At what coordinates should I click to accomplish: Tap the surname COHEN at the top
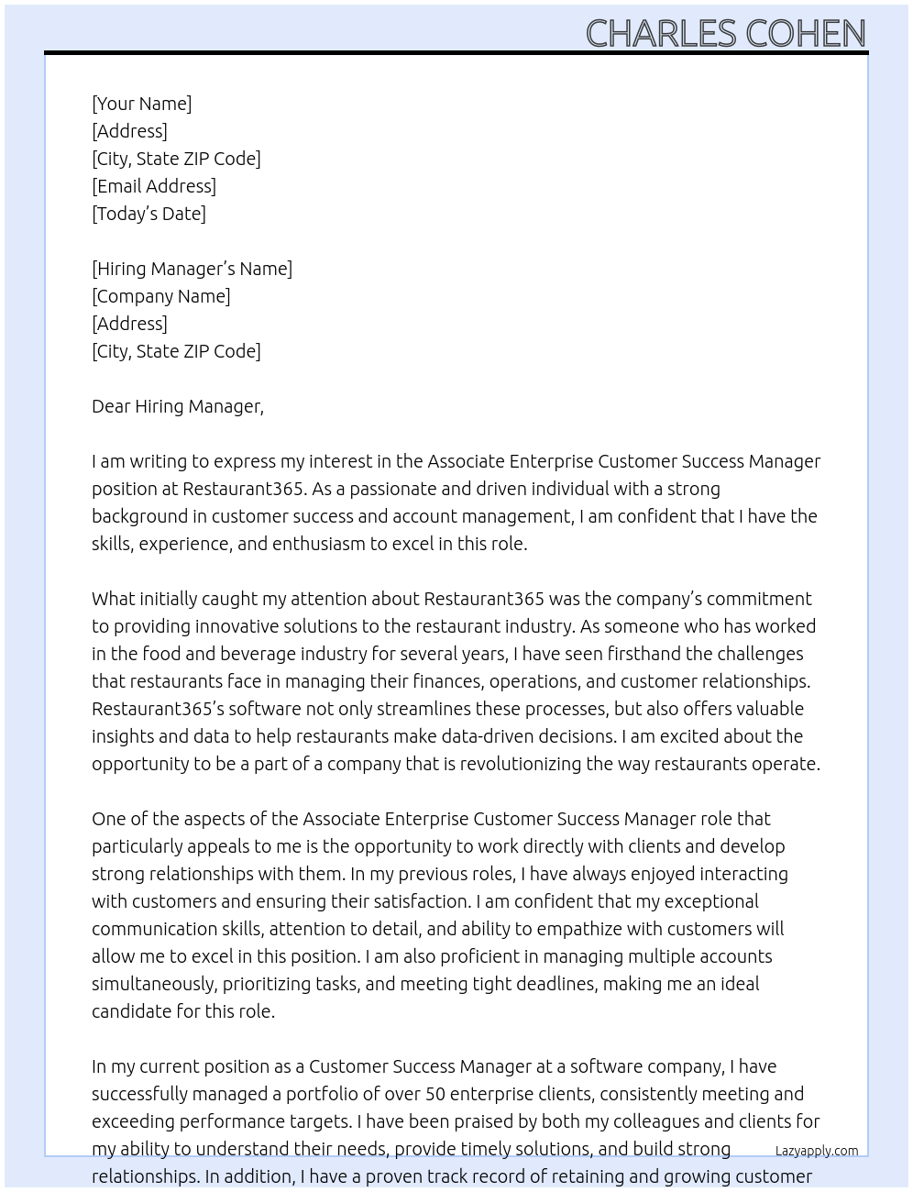coord(806,34)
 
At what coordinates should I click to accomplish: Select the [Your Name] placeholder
coord(141,104)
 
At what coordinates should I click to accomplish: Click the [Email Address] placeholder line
coord(154,186)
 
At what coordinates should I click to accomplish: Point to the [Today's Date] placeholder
coord(148,214)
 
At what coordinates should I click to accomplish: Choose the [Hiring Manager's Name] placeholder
coord(192,269)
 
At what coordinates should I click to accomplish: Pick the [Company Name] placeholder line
coord(160,296)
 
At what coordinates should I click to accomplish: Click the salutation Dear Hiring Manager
coord(177,406)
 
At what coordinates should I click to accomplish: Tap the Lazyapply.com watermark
coord(816,1151)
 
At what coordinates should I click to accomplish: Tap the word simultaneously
coord(150,984)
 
